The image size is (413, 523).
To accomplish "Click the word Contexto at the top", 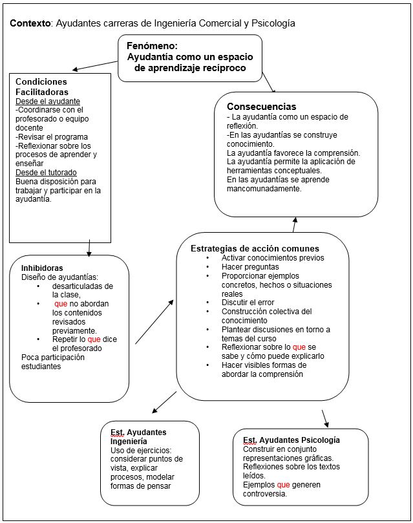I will [30, 23].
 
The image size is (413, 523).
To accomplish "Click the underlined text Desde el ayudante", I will [47, 101].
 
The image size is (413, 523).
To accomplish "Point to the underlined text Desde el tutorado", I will [46, 173].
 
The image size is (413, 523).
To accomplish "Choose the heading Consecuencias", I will [261, 106].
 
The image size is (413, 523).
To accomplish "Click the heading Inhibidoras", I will [42, 268].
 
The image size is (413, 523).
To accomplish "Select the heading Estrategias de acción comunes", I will [254, 248].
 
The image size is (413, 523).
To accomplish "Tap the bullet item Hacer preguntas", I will [250, 266].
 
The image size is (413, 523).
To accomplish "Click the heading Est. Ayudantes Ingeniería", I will [138, 436].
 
